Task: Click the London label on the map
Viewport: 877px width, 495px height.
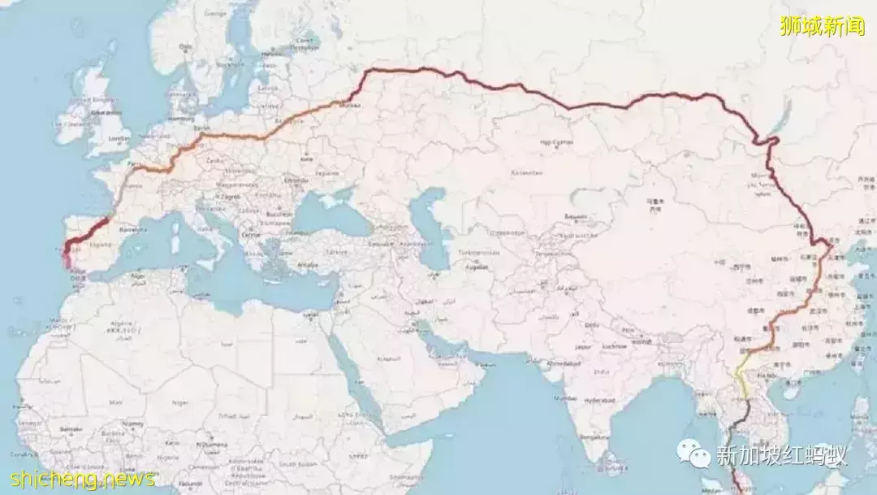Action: click(x=119, y=138)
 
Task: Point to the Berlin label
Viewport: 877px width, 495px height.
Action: click(x=202, y=128)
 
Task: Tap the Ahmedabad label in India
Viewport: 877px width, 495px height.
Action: click(x=564, y=363)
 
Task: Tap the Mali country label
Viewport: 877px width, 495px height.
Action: click(x=116, y=402)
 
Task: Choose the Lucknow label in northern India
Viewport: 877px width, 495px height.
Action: click(x=616, y=346)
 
